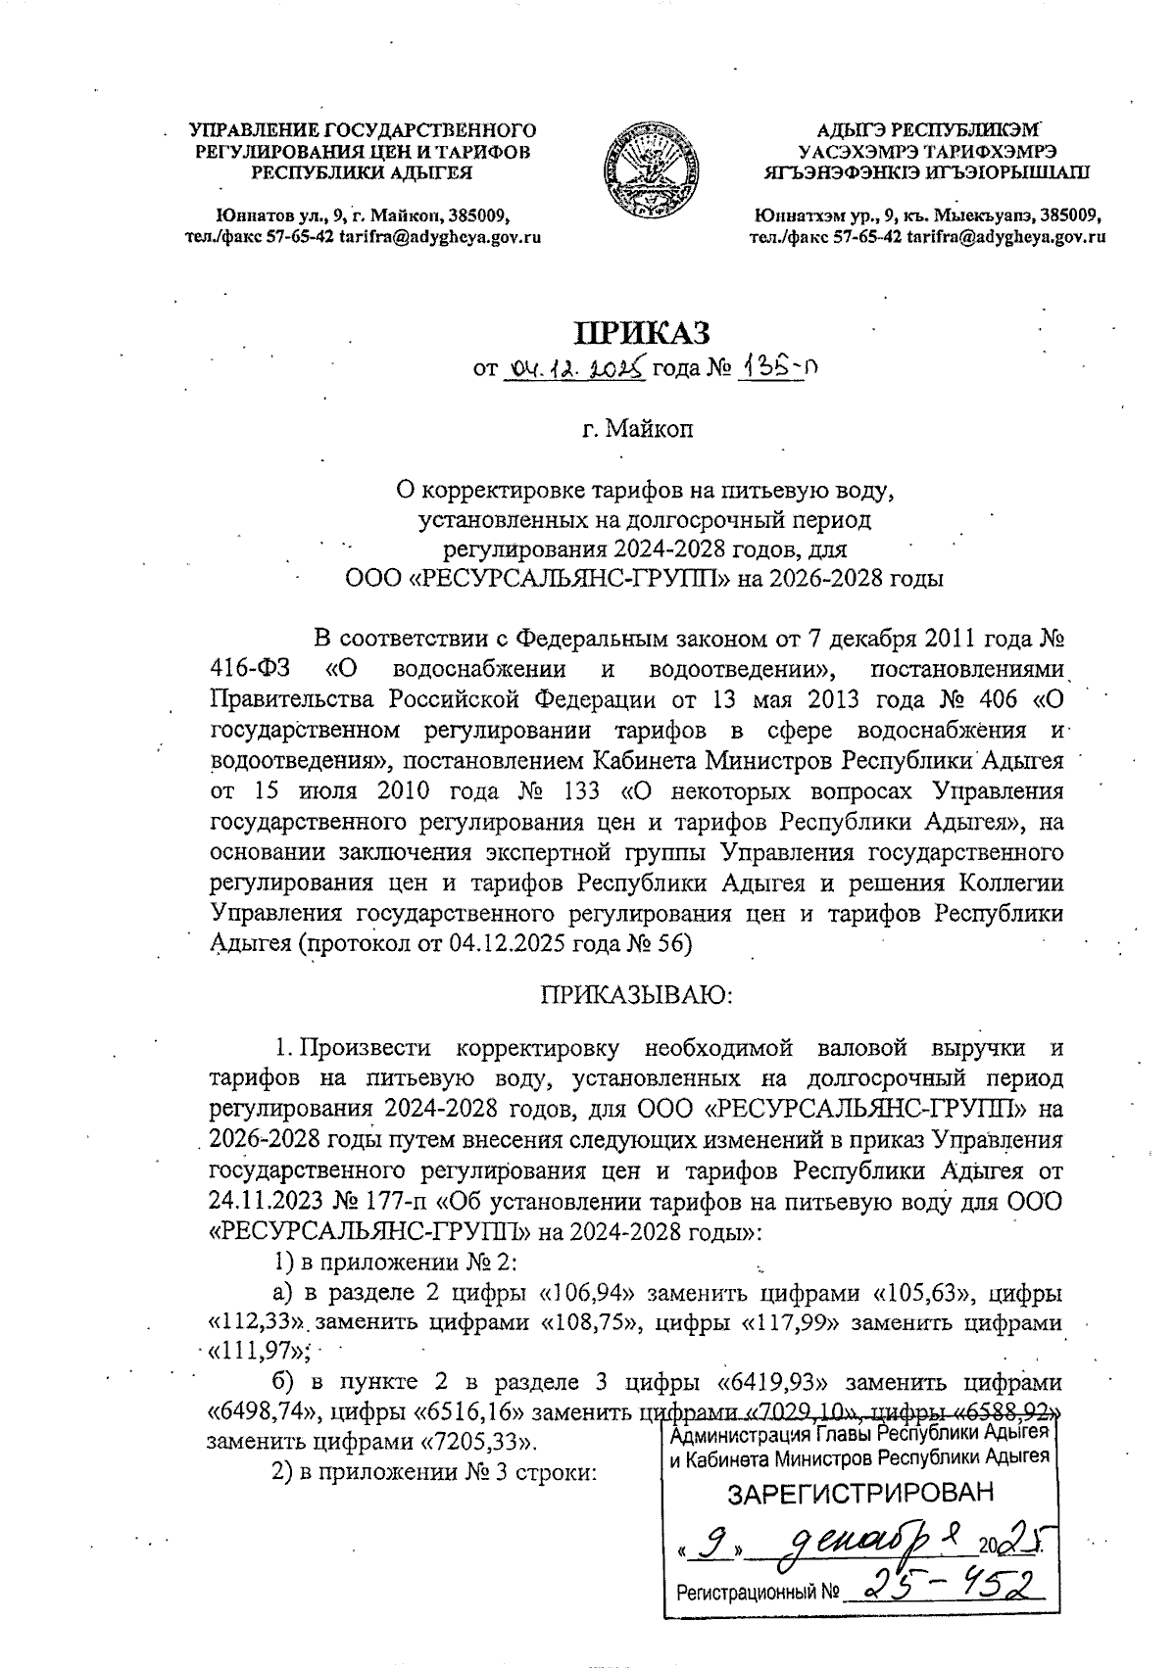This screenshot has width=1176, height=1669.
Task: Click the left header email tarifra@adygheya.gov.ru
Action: pyautogui.click(x=439, y=236)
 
